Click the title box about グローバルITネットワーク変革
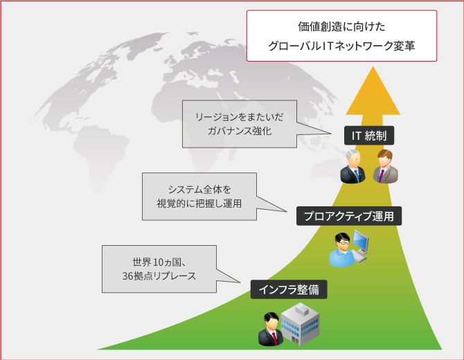(341, 36)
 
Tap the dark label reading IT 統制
(368, 136)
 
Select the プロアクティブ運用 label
(349, 216)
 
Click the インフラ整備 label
(289, 289)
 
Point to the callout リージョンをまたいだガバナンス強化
(240, 124)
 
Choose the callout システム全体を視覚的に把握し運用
(199, 197)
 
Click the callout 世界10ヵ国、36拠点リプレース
(159, 269)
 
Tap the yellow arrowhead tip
(373, 66)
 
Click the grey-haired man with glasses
(353, 166)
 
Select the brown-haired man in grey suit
(385, 166)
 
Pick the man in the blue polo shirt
(342, 250)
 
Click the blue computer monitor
(361, 240)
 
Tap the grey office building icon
(300, 324)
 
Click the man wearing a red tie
(271, 329)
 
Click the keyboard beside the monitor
(359, 258)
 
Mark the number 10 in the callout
(159, 262)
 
